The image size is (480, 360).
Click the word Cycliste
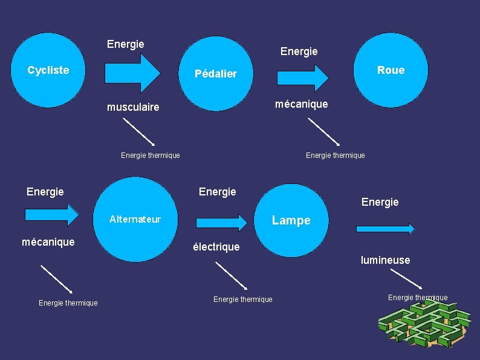click(48, 70)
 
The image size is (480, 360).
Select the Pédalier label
click(216, 74)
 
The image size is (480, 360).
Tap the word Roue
click(391, 70)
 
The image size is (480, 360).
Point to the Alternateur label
click(135, 219)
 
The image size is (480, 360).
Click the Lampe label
click(291, 220)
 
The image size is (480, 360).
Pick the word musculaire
click(133, 107)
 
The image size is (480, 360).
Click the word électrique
click(216, 247)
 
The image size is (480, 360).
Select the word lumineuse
click(385, 260)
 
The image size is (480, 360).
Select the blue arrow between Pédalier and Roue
click(302, 77)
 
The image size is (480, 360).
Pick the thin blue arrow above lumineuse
click(385, 229)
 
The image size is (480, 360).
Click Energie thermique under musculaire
click(150, 155)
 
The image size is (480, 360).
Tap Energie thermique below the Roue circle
click(335, 155)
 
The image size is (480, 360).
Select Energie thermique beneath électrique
click(242, 299)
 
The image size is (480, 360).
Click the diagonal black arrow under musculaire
click(139, 131)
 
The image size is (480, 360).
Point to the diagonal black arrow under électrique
click(232, 275)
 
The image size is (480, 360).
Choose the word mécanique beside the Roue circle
click(301, 104)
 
